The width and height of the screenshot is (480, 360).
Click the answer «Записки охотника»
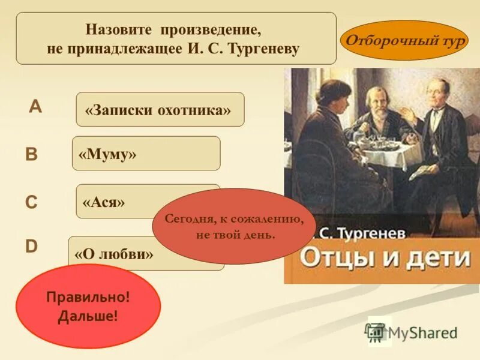160,110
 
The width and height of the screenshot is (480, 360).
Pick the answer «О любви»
114,253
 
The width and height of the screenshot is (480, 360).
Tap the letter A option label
36,107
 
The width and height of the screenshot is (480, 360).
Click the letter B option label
31,155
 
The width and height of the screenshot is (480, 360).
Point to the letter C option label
31,203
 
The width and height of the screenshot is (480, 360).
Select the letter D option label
31,247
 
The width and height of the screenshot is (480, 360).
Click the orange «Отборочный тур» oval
404,40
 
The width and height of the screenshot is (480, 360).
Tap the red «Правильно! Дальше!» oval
88,307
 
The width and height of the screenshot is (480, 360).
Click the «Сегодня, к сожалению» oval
235,226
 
